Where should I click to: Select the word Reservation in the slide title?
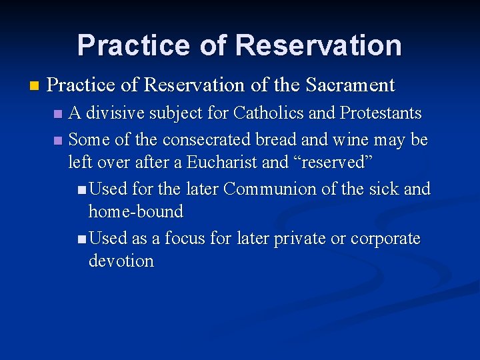pyautogui.click(x=319, y=45)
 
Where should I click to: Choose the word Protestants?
pyautogui.click(x=381, y=113)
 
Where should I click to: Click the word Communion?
pyautogui.click(x=270, y=189)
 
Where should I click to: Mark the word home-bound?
pyautogui.click(x=135, y=212)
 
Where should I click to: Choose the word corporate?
pyautogui.click(x=385, y=239)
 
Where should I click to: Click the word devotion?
pyautogui.click(x=121, y=261)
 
